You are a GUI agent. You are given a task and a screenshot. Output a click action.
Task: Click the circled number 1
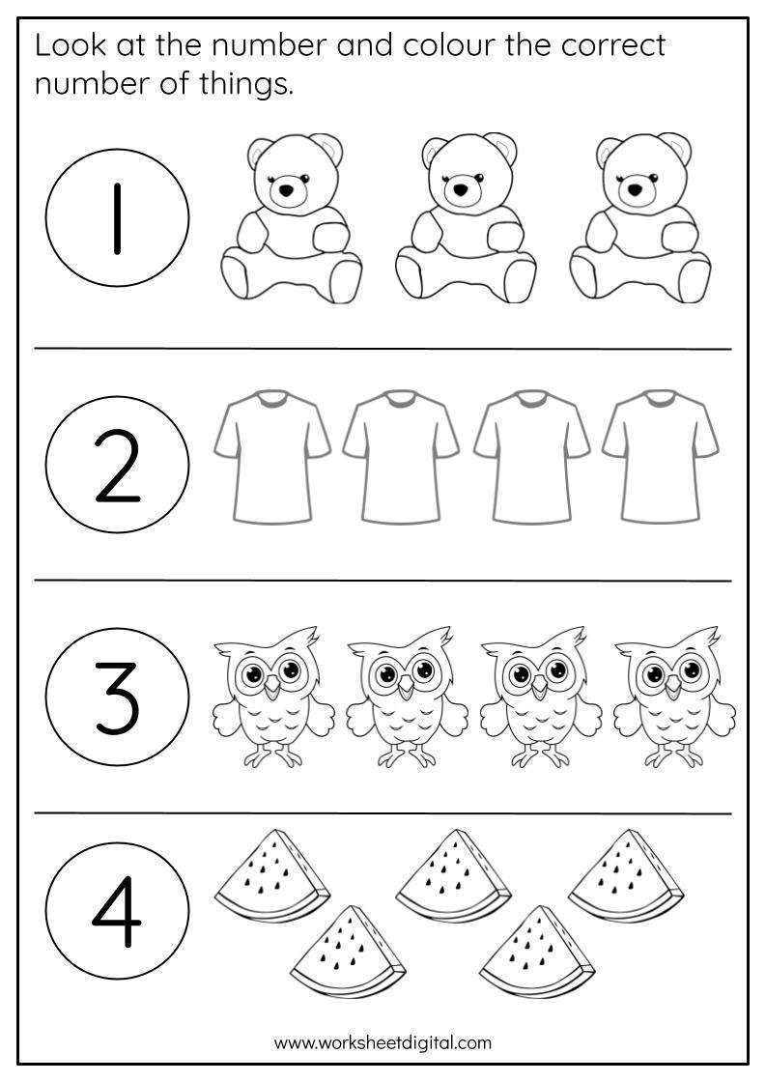coord(117,218)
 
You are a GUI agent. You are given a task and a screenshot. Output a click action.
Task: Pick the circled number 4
coord(117,912)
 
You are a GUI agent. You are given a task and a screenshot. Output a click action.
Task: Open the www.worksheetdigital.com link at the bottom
coord(383,1042)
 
